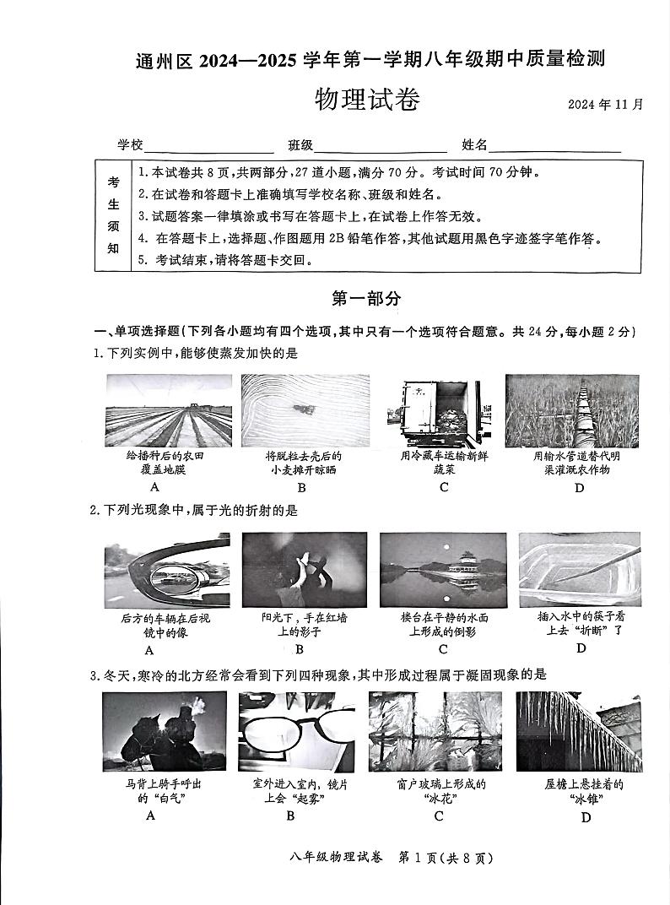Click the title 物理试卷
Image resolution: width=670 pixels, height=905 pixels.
click(366, 100)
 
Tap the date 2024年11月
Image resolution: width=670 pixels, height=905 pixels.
click(605, 105)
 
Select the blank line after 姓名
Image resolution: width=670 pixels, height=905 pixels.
click(554, 147)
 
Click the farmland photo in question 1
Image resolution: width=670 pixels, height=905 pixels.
click(166, 410)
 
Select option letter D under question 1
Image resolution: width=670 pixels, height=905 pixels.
click(579, 488)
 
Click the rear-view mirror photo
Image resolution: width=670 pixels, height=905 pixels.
click(166, 571)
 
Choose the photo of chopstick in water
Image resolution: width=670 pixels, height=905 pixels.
click(579, 569)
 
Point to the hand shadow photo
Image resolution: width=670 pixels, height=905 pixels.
click(304, 571)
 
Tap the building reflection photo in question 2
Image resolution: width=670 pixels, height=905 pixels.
click(443, 571)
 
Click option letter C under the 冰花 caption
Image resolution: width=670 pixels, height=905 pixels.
click(439, 816)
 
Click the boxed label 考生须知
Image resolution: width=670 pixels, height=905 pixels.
click(113, 215)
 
